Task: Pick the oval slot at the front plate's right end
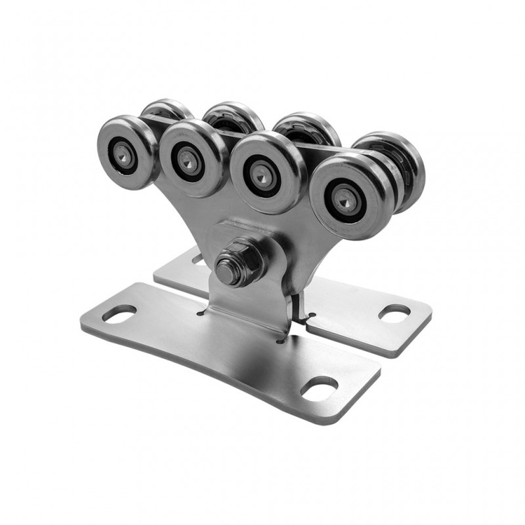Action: [x=319, y=388]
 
